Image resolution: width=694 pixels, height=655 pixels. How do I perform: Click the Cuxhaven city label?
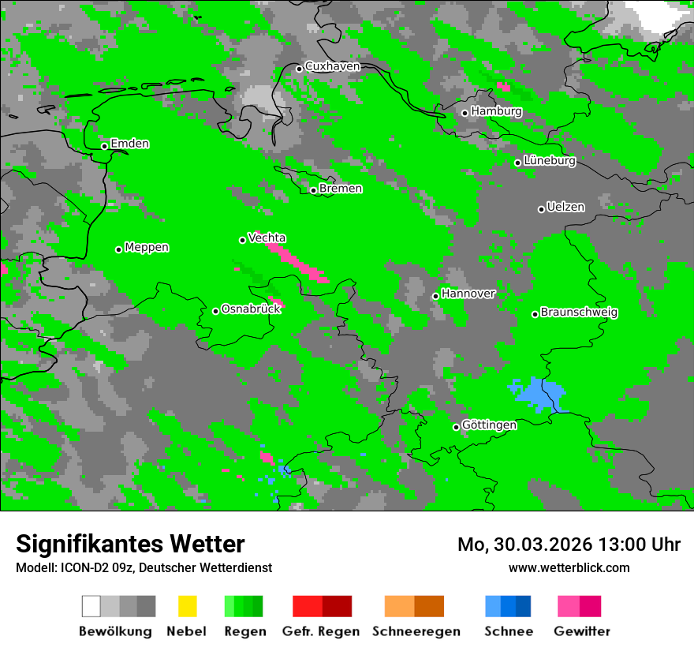pyautogui.click(x=332, y=66)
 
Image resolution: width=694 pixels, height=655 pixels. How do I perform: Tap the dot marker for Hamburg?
pyautogui.click(x=465, y=113)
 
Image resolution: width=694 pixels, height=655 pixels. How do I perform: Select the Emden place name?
pyautogui.click(x=129, y=144)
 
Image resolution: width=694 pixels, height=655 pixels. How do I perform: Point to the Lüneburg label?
pyautogui.click(x=549, y=161)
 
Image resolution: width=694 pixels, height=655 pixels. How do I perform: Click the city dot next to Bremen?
pyautogui.click(x=313, y=190)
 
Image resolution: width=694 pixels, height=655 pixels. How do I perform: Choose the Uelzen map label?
pyautogui.click(x=565, y=208)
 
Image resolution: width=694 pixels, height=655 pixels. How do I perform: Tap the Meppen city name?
pyautogui.click(x=147, y=248)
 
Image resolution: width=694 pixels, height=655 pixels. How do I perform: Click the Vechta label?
pyautogui.click(x=267, y=238)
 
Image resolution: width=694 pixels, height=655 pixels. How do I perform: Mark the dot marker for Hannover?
pyautogui.click(x=435, y=296)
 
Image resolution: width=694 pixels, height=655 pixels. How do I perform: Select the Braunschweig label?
pyautogui.click(x=579, y=313)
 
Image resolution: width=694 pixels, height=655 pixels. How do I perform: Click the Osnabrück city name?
pyautogui.click(x=251, y=309)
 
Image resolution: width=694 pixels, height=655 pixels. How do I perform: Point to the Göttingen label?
pyautogui.click(x=489, y=425)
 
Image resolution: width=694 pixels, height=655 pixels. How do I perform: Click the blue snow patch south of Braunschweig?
pyautogui.click(x=539, y=392)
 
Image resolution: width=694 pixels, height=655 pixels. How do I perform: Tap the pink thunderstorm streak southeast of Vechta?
pyautogui.click(x=297, y=261)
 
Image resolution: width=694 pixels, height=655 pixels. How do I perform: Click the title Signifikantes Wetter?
pyautogui.click(x=130, y=544)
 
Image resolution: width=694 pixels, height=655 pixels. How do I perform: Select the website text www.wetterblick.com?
pyautogui.click(x=569, y=567)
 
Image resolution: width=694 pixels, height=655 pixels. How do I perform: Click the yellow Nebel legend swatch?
pyautogui.click(x=187, y=606)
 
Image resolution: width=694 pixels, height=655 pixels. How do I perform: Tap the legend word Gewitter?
pyautogui.click(x=581, y=631)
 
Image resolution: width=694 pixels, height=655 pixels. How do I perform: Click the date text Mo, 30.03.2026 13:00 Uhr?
pyautogui.click(x=569, y=545)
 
